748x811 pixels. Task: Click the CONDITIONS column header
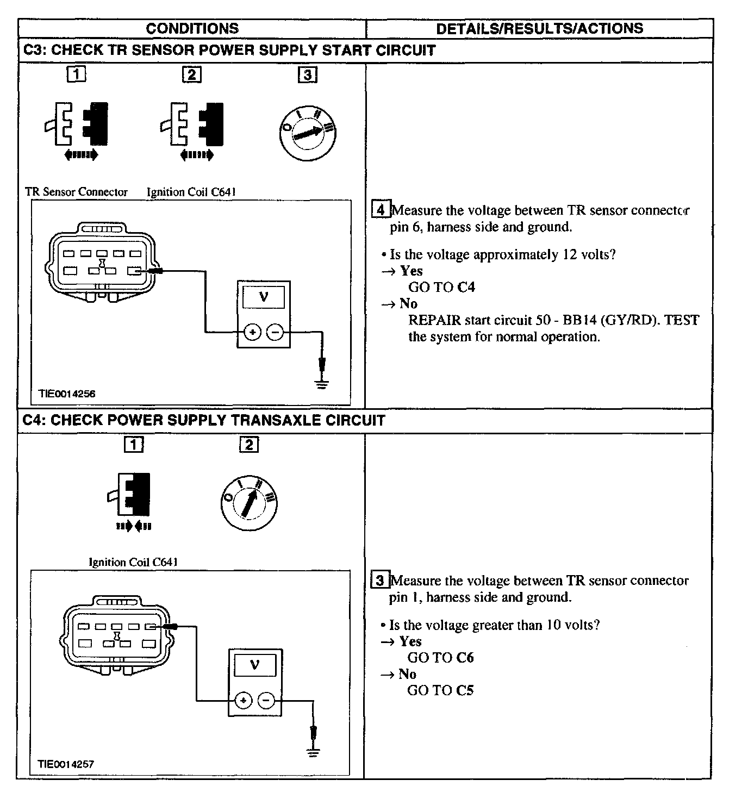point(192,29)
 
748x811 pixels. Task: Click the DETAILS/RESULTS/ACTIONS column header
point(539,29)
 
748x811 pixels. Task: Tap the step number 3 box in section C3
point(307,74)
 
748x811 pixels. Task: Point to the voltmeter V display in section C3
point(264,297)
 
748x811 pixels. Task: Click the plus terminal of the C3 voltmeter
point(252,332)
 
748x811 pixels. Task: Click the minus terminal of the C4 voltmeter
point(266,701)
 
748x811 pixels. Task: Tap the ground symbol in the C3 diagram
point(322,385)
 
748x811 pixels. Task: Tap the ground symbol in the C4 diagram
point(313,753)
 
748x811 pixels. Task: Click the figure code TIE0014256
point(67,394)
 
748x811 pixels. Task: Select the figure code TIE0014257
point(66,764)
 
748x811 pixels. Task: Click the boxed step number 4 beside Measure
point(381,210)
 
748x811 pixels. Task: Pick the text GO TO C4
point(441,287)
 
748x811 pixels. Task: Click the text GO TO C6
point(440,658)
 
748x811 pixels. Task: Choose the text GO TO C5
point(440,690)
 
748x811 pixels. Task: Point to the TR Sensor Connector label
point(76,192)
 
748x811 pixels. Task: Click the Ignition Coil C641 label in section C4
point(133,562)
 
